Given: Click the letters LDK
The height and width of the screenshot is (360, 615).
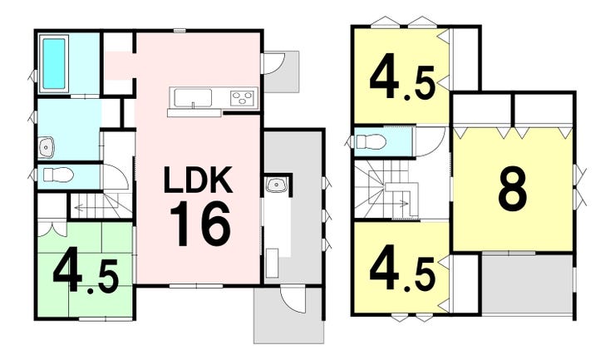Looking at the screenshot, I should [x=199, y=180].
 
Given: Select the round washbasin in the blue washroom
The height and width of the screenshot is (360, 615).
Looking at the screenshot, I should [x=46, y=148].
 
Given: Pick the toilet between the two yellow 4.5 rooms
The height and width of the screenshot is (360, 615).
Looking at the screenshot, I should [x=369, y=142].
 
